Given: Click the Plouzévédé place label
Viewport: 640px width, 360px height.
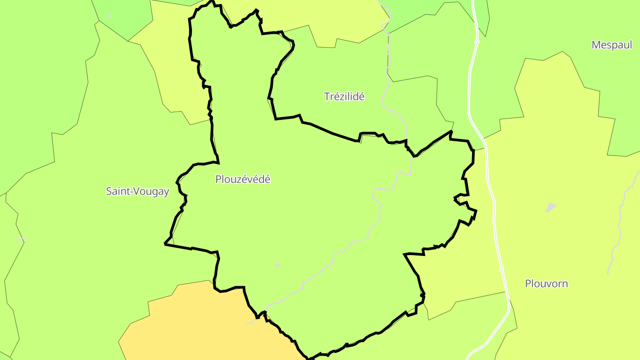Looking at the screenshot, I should click(243, 180).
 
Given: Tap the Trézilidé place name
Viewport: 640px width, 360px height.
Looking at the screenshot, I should click(344, 96).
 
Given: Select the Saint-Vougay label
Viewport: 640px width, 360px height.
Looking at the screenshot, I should click(137, 192).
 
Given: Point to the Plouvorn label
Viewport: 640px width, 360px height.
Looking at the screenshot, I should click(546, 284).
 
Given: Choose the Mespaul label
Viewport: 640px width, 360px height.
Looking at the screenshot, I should click(612, 45).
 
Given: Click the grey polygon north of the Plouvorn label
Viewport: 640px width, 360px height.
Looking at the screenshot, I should click(551, 207).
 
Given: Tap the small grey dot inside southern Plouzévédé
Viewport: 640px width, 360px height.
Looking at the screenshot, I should click(277, 264).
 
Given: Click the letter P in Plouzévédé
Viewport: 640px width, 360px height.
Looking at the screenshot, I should click(218, 180).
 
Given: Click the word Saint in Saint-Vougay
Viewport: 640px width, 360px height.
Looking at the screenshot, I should click(117, 192).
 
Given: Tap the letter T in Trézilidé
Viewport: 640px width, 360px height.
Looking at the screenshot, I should click(327, 96).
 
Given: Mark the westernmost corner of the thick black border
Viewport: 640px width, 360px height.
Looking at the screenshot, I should click(165, 244).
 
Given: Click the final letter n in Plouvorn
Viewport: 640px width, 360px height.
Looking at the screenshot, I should click(565, 284).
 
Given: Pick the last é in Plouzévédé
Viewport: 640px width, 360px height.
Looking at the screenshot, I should click(267, 179).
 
